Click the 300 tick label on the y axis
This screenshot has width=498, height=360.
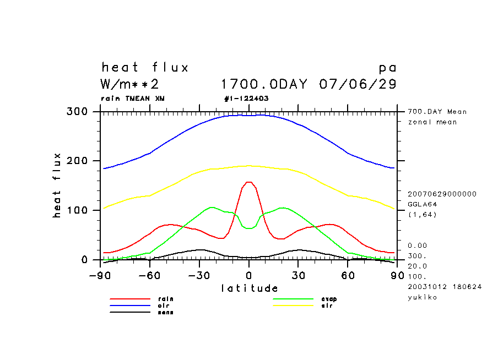[77, 112]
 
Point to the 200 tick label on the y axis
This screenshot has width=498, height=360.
[77, 161]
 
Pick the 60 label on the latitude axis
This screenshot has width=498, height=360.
[348, 275]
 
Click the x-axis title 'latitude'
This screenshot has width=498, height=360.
[250, 288]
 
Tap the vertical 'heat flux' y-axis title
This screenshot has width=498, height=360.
[57, 186]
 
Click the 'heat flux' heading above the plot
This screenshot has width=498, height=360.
[145, 68]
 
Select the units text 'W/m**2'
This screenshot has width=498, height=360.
[130, 85]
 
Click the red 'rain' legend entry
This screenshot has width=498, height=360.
[162, 299]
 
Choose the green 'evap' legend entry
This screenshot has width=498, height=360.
[329, 299]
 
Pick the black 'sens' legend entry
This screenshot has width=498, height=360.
[165, 312]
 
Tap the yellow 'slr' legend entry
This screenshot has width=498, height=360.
[327, 306]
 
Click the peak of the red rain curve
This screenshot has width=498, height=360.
[249, 182]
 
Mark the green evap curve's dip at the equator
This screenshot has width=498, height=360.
[249, 228]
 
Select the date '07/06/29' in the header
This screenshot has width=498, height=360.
[358, 85]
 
